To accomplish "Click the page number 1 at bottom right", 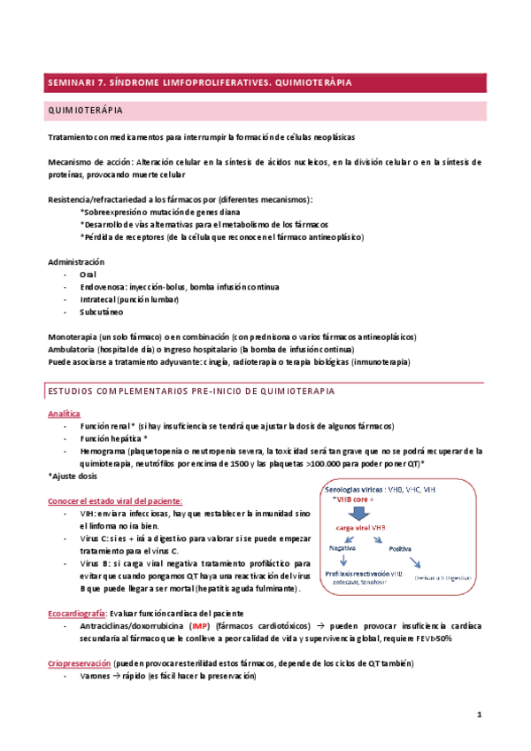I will [x=479, y=715].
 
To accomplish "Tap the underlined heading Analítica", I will [x=64, y=414].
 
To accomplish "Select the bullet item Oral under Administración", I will [x=88, y=275].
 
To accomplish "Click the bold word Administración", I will [x=75, y=262].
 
